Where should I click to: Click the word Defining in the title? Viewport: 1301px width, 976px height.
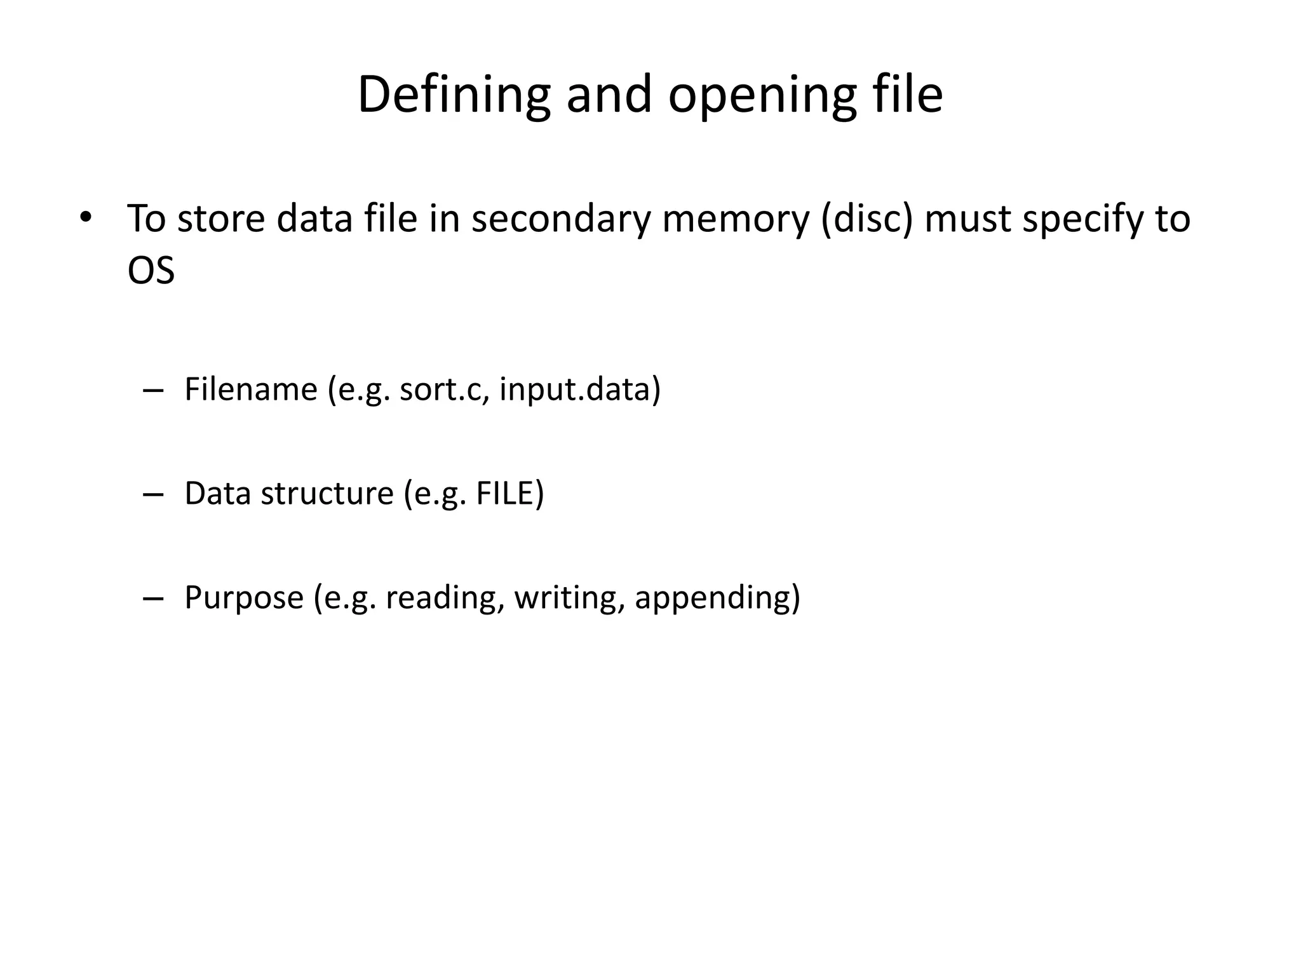(x=454, y=95)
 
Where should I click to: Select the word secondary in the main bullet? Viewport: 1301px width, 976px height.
(x=561, y=219)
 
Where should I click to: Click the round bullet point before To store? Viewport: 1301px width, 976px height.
(x=86, y=217)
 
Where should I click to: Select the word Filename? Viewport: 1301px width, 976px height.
(x=250, y=389)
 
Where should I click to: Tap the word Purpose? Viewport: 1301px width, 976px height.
(x=244, y=597)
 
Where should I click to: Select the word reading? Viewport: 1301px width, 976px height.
(x=440, y=597)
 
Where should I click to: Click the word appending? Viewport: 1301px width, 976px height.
(x=712, y=597)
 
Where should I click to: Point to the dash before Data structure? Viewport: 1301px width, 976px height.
(x=153, y=494)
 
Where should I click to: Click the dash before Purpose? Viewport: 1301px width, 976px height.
(x=153, y=598)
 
